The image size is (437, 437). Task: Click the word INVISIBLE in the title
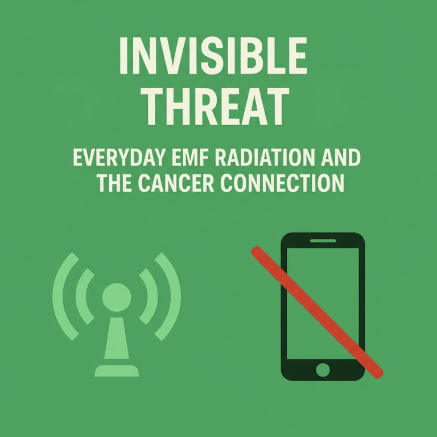pos(213,56)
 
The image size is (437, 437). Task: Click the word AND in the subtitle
pos(341,158)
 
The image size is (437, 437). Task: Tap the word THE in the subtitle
pos(114,183)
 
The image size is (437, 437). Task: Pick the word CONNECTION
pos(282,183)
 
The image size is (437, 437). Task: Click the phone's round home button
pos(323,370)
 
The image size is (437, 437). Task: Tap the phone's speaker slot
pos(323,241)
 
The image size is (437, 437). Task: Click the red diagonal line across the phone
pos(317,312)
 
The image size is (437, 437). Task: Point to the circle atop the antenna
pos(117,298)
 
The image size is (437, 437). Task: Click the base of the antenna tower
pos(117,370)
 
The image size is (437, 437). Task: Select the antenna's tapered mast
pos(117,338)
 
